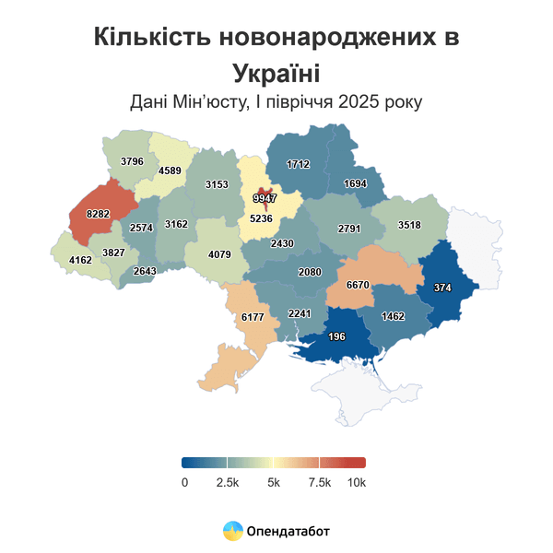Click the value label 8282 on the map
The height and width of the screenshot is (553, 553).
coord(98,213)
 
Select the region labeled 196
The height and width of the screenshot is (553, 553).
coord(336,336)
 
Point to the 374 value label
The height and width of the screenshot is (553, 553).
coord(442,288)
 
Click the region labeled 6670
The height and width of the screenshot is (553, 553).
coord(358,286)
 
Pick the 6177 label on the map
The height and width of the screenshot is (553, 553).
coord(253,316)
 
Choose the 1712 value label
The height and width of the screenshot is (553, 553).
coord(298,164)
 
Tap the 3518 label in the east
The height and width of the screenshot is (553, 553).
coord(409,224)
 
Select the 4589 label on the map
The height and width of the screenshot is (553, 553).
coord(170,171)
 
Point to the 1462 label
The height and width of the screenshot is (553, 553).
coord(394,316)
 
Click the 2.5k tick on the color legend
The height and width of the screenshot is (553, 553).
coord(228,483)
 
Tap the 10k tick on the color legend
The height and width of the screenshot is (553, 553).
coord(356,483)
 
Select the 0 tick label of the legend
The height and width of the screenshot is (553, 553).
coord(184,483)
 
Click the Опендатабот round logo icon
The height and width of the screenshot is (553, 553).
coord(232,531)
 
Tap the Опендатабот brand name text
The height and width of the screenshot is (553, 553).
coord(288,531)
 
